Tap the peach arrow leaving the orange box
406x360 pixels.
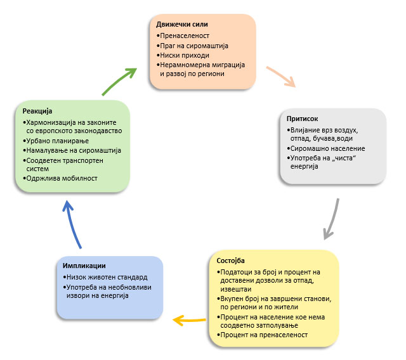coord(281,75)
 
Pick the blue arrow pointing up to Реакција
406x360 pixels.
coord(73,222)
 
